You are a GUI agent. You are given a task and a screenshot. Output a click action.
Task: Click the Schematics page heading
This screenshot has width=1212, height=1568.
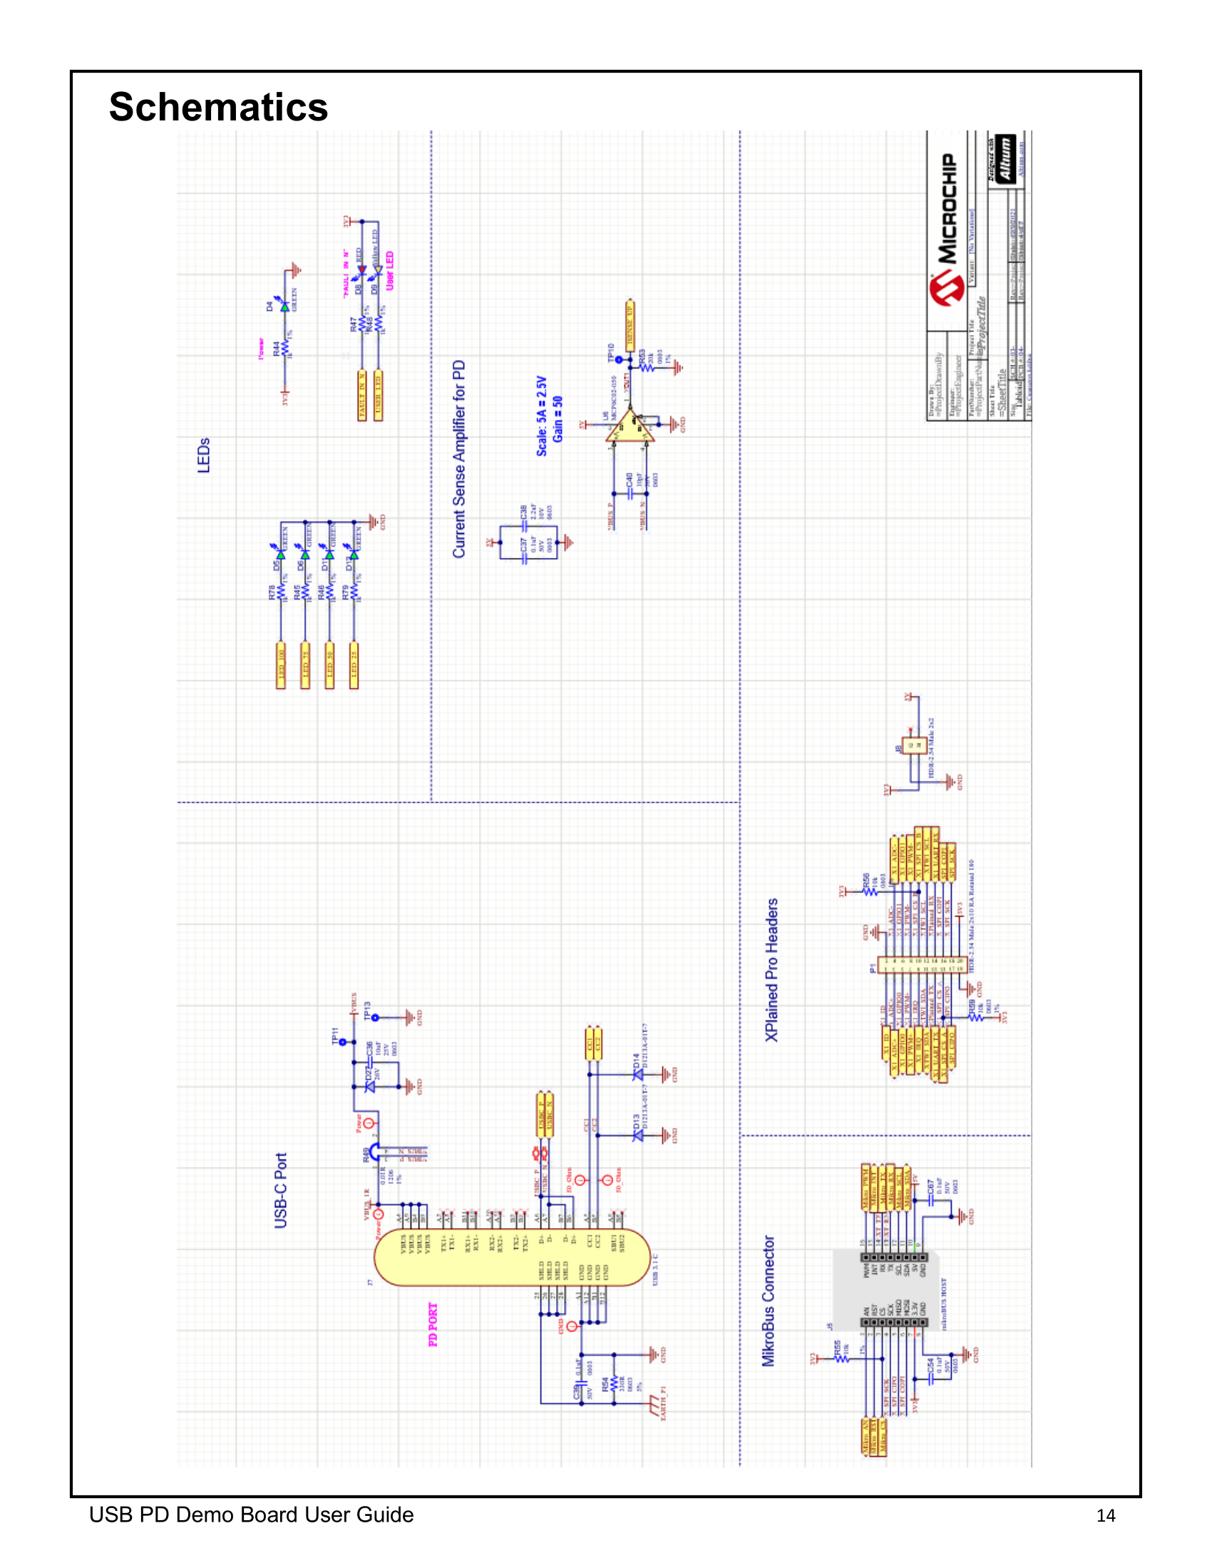click(218, 107)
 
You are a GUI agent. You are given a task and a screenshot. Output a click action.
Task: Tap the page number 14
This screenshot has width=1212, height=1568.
click(1105, 1515)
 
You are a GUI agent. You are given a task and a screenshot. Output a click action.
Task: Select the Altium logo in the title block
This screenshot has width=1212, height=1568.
click(1006, 159)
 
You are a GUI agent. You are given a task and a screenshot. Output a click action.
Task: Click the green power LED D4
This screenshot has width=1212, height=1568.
click(285, 306)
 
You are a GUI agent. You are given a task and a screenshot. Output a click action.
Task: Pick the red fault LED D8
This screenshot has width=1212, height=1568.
click(362, 272)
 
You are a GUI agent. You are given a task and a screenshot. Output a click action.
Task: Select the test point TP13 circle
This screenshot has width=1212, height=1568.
click(375, 1017)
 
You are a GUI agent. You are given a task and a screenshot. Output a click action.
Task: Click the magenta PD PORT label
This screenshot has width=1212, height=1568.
click(433, 1324)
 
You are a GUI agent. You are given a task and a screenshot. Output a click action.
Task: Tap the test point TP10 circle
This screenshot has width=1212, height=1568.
click(619, 360)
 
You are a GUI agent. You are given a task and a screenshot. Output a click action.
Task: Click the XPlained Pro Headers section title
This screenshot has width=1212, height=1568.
click(772, 969)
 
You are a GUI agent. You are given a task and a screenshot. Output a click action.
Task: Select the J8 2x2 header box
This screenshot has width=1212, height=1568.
click(914, 746)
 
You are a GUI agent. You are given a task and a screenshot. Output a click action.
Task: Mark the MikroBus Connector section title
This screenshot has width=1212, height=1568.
click(769, 1300)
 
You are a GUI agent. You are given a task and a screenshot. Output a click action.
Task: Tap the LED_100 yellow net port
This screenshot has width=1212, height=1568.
click(282, 666)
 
